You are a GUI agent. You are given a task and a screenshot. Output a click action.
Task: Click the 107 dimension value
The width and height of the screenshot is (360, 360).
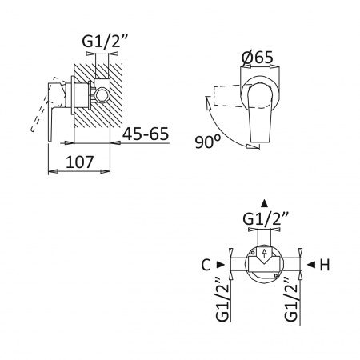(x=79, y=162)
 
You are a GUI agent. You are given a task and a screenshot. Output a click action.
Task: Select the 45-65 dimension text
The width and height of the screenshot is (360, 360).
(x=146, y=134)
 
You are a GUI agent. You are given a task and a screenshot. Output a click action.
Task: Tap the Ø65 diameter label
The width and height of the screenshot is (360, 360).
(x=258, y=57)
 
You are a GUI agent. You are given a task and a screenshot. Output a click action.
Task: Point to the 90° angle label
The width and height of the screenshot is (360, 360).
(x=208, y=142)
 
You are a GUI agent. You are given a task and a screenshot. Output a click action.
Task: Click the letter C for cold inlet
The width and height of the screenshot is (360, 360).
(x=206, y=265)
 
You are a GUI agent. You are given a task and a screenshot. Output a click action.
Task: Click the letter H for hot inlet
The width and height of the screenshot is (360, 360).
(x=325, y=265)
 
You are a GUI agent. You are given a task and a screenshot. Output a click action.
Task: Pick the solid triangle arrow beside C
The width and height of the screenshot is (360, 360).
(x=221, y=265)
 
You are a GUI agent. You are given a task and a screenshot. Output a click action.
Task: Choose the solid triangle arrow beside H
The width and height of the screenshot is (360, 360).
(x=311, y=265)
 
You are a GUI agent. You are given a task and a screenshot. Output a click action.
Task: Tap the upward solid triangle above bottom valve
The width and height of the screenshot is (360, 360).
(x=264, y=203)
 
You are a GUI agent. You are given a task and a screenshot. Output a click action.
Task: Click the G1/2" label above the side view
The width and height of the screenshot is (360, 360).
(x=105, y=41)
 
